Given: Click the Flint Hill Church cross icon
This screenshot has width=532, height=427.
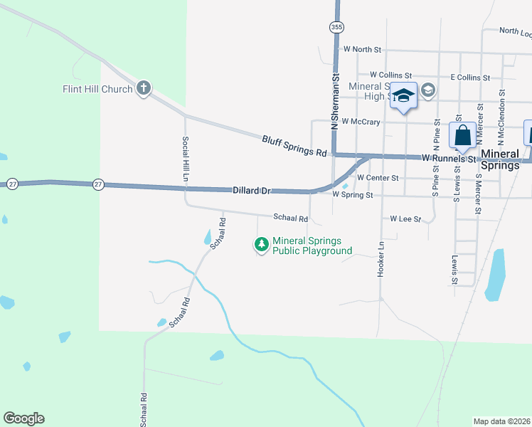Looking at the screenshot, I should pos(144,88).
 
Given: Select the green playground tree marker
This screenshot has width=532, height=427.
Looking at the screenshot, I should pos(262,245).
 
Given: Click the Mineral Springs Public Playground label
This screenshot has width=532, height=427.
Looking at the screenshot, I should pos(312,246).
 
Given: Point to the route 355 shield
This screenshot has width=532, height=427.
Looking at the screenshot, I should pos(336,27).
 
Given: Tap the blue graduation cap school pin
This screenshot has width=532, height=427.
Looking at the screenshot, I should pos(403,97).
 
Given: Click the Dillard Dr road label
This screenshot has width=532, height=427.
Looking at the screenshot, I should pos(252,191).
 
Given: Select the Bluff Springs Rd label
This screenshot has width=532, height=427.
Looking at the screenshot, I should pos(294,147).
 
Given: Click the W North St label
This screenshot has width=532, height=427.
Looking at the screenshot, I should pos(362,50).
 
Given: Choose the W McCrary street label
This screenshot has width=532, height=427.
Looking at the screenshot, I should pos(361,122).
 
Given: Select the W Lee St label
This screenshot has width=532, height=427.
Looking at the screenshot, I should pos(405,219).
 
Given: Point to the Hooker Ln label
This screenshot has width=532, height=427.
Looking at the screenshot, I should pos(381,260).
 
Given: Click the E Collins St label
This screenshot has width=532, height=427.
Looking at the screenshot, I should pos(470,77).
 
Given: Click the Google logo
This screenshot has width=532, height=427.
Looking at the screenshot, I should pos(24,418).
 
